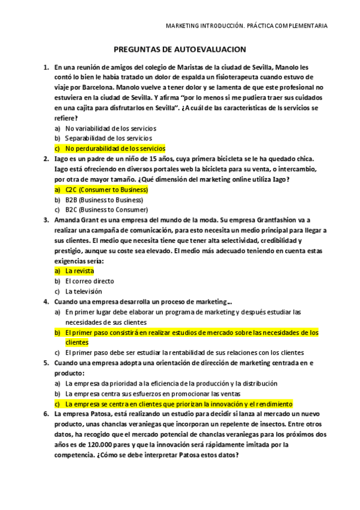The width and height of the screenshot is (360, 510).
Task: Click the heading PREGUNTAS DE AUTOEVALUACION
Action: [180, 51]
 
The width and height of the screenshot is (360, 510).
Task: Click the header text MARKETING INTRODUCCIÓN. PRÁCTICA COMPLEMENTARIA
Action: [246, 26]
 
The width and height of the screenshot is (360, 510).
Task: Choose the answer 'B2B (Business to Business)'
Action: [104, 200]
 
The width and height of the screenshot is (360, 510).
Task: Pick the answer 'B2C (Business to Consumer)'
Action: [106, 210]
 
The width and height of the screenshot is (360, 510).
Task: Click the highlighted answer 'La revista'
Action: [79, 271]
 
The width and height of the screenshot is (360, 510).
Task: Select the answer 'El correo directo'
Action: [90, 281]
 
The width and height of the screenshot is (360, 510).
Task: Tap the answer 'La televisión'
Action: [84, 291]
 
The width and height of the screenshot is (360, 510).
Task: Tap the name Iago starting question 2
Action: [60, 159]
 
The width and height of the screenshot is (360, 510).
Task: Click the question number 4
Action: [46, 301]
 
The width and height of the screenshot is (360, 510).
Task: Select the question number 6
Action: [46, 414]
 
